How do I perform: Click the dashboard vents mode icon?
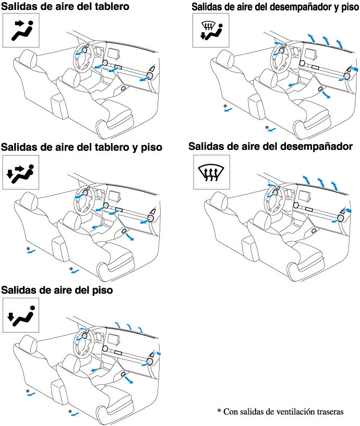tap(21, 30)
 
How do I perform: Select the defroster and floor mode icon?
tap(211, 30)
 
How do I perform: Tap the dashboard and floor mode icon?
tap(21, 172)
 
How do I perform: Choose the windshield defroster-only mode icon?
tap(211, 172)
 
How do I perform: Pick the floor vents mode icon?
tap(21, 315)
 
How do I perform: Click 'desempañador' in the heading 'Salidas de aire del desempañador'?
tap(316, 147)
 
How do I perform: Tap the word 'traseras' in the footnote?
tap(330, 411)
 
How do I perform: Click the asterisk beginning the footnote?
tap(219, 410)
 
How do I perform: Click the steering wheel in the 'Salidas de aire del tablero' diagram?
tap(83, 57)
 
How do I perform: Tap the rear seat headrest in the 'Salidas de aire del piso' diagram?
tap(29, 344)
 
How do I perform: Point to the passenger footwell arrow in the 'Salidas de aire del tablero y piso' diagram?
tap(129, 236)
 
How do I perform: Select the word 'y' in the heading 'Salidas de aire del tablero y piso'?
tap(135, 148)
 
